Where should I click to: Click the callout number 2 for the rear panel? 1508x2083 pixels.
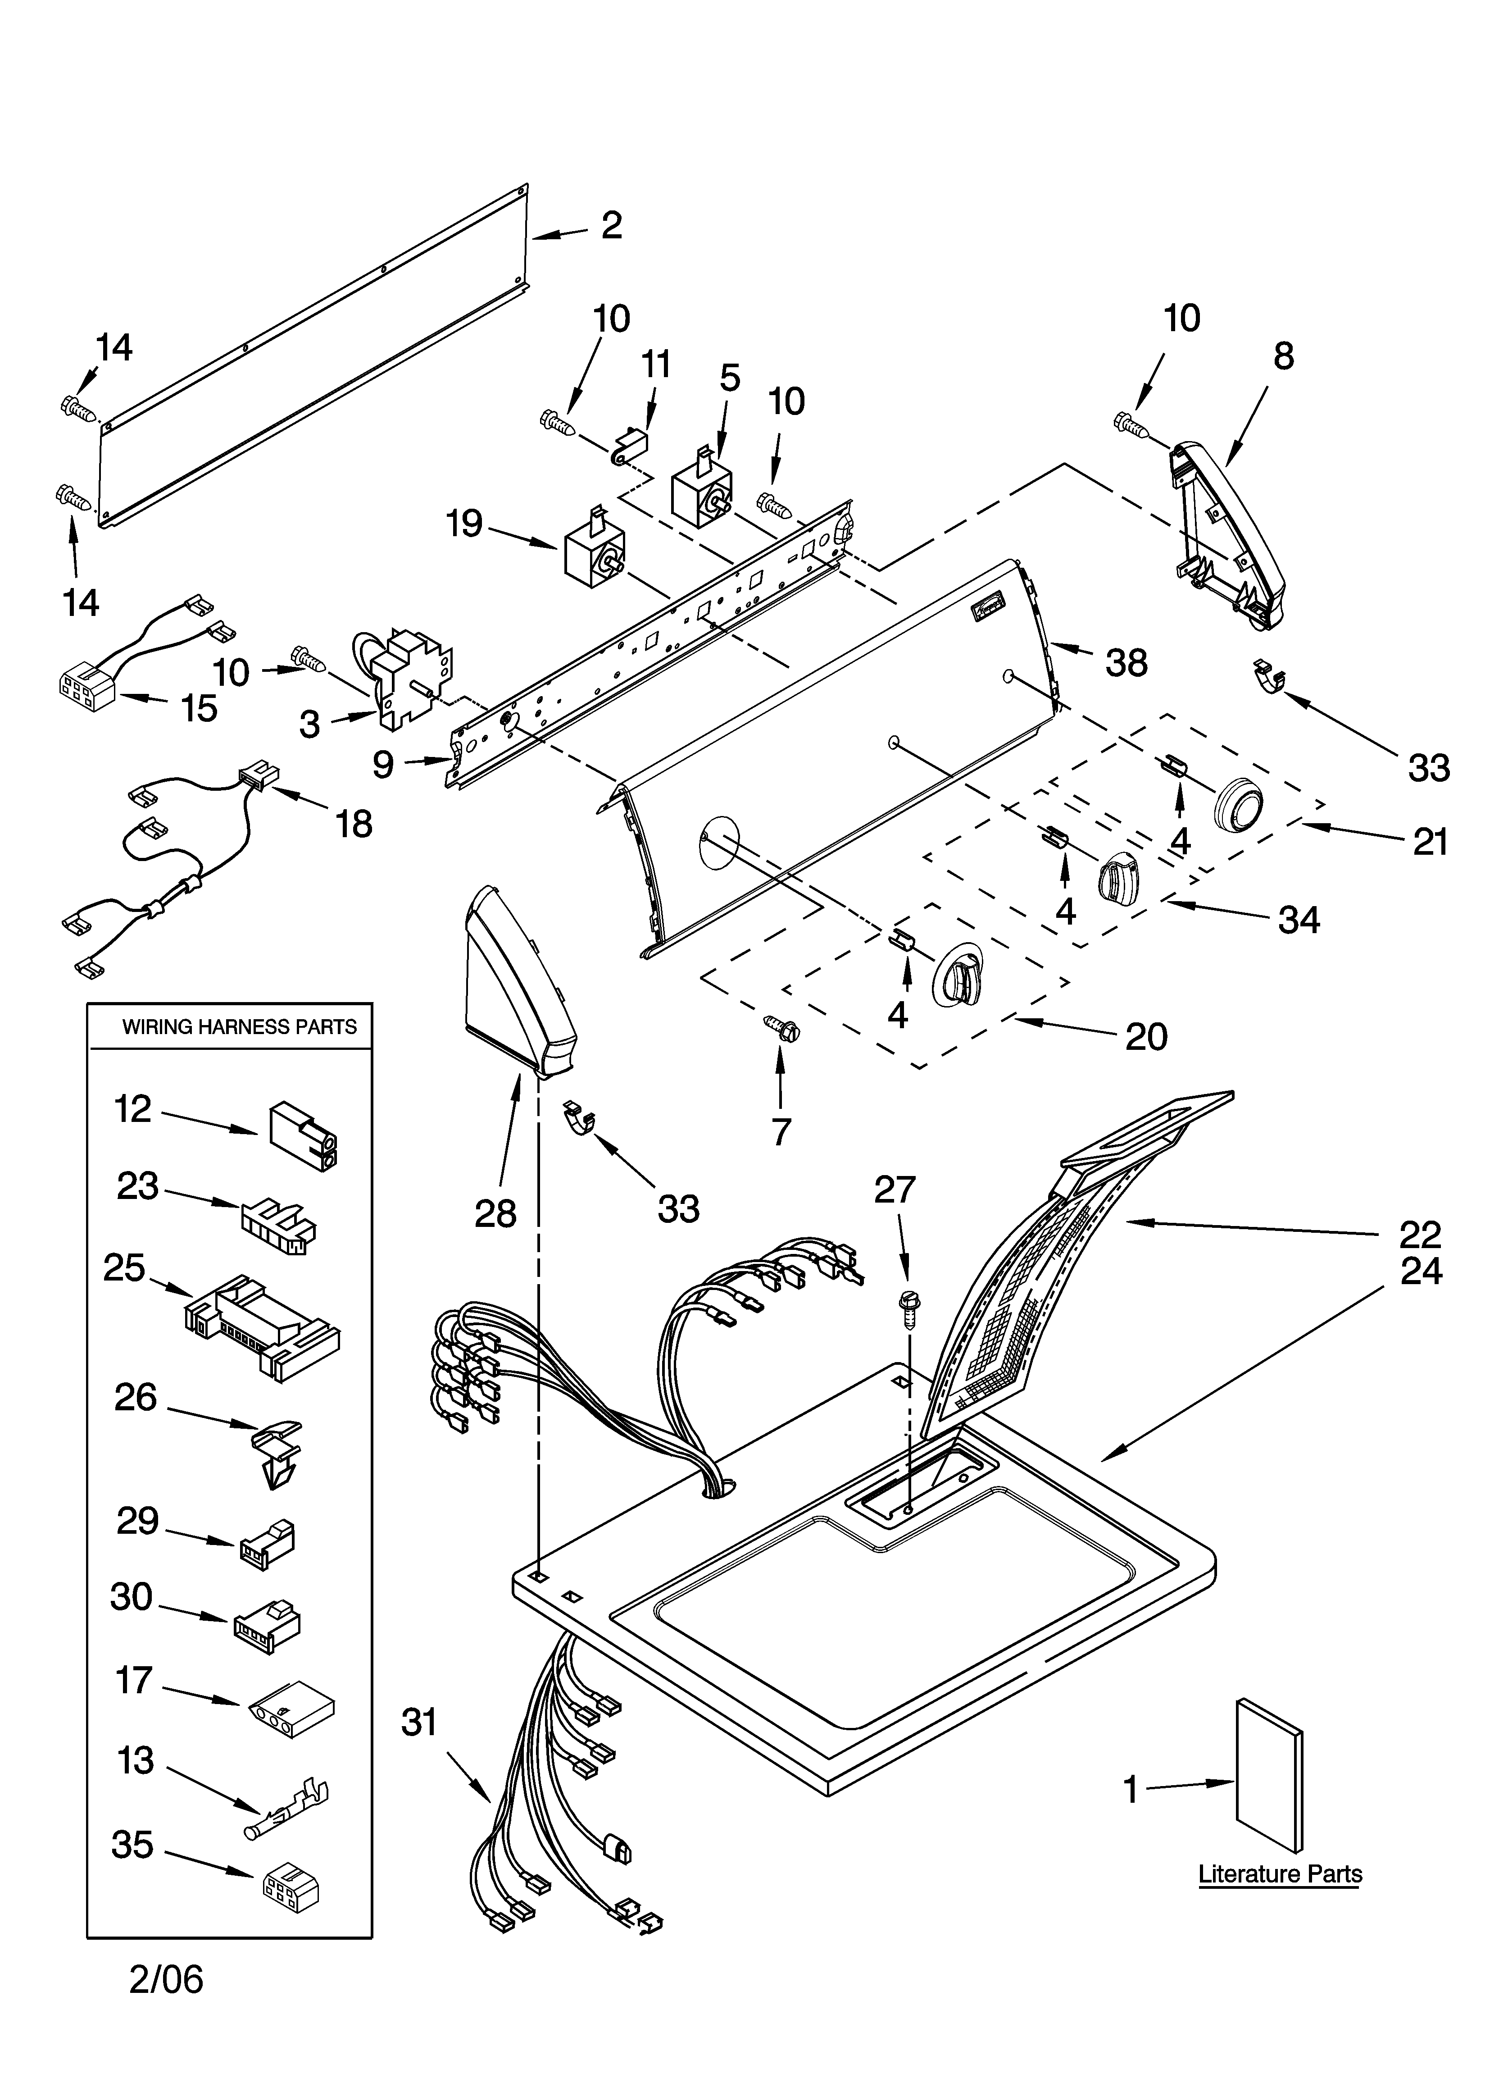pyautogui.click(x=612, y=226)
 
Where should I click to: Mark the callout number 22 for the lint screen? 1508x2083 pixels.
pyautogui.click(x=1420, y=1234)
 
